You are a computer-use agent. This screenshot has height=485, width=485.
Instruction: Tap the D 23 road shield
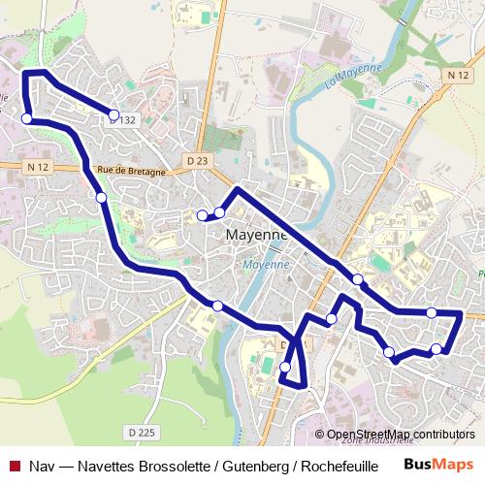(197, 160)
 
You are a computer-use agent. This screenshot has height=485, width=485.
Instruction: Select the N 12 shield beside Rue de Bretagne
(39, 167)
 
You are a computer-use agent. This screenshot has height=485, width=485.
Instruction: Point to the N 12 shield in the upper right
(459, 75)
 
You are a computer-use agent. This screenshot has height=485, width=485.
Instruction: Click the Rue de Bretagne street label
(132, 170)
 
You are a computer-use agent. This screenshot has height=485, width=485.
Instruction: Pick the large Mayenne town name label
(257, 235)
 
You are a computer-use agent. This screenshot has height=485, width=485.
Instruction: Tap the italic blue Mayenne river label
(266, 264)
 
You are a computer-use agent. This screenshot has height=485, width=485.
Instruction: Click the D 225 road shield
(141, 432)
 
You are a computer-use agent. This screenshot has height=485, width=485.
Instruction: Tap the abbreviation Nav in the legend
(40, 466)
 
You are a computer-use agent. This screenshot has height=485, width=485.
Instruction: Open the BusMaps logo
(438, 464)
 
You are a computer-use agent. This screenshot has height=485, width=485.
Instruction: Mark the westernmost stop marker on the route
(26, 118)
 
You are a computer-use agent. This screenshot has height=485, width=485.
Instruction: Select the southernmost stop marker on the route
(285, 367)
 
